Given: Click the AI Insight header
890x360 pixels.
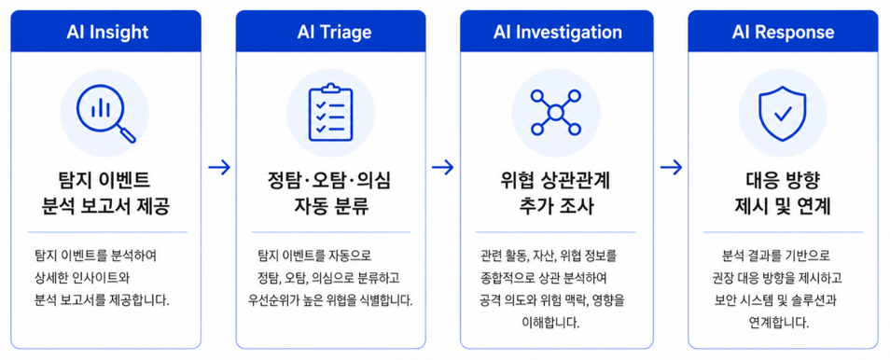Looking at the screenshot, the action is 106,31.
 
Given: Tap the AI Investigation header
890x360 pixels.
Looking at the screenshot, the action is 557,31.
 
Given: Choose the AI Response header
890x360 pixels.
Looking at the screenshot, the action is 783,31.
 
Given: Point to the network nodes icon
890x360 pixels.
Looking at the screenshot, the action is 556,113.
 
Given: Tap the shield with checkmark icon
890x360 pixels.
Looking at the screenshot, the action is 782,113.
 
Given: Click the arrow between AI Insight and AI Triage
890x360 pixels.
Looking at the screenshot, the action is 219,168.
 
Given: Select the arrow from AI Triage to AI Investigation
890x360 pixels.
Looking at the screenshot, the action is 443,168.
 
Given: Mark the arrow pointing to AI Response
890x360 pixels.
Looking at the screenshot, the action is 671,168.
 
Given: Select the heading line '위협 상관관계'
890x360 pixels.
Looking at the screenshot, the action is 556,182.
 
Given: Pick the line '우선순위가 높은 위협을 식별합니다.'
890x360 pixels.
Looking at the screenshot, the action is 330,300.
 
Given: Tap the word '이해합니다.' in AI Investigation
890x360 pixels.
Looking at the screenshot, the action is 556,323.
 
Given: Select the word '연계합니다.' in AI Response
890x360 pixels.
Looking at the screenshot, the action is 783,323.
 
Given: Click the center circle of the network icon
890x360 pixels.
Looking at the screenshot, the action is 556,113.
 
